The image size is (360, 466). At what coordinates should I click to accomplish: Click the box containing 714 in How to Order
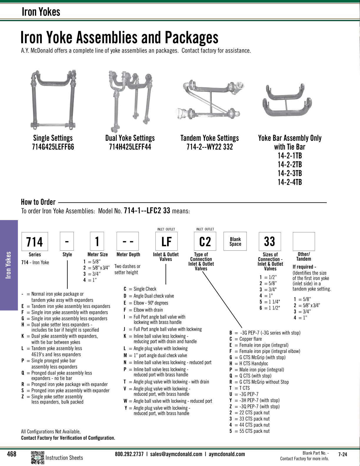coord(35,242)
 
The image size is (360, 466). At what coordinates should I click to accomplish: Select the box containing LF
coord(166,242)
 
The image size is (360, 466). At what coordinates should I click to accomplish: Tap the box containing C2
coord(205,242)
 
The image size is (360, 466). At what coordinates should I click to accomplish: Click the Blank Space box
coord(235,242)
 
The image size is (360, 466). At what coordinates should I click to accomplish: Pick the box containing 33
coord(269,242)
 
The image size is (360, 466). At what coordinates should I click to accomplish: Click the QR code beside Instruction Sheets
coord(37,457)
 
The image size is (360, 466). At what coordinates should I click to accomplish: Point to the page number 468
coord(11,454)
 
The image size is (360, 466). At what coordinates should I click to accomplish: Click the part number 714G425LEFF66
coord(53,147)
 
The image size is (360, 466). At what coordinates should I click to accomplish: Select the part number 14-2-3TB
coord(290,173)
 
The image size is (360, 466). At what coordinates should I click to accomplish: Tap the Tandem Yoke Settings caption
coord(209,138)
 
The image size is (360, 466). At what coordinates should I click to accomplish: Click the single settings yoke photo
coord(53,100)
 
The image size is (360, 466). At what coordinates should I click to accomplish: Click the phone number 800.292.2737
coord(129,454)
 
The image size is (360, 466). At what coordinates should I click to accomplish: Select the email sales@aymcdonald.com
coord(176,454)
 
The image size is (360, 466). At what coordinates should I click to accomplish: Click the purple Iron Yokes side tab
coord(9,265)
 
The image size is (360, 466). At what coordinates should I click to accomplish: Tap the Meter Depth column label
coord(128,254)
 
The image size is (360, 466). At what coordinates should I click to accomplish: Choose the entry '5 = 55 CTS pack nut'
coord(249,431)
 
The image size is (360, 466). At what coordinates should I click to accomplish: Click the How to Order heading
coord(38,202)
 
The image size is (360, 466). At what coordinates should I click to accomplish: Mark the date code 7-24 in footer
coord(342,454)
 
